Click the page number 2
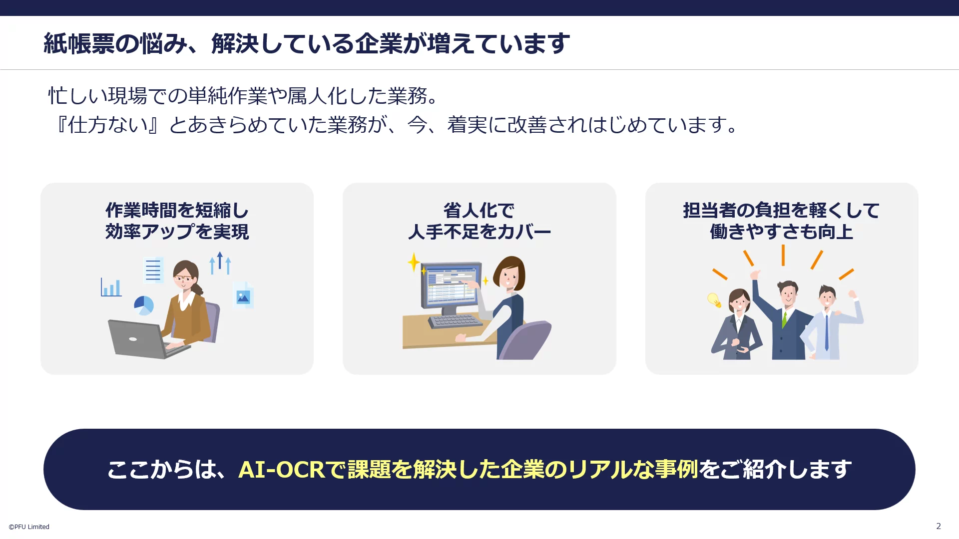point(939,526)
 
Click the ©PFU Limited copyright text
point(29,527)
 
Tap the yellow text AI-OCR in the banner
point(282,469)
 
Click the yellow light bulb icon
point(714,299)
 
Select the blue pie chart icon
point(144,305)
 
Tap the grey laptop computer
point(145,339)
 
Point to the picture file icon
point(243,295)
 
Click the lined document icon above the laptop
point(153,269)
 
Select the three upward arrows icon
point(220,264)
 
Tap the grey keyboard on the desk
point(455,321)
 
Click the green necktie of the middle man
point(784,319)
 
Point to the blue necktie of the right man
point(827,332)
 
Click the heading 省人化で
point(479,211)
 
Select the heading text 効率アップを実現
point(177,232)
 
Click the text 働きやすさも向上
point(782,232)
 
